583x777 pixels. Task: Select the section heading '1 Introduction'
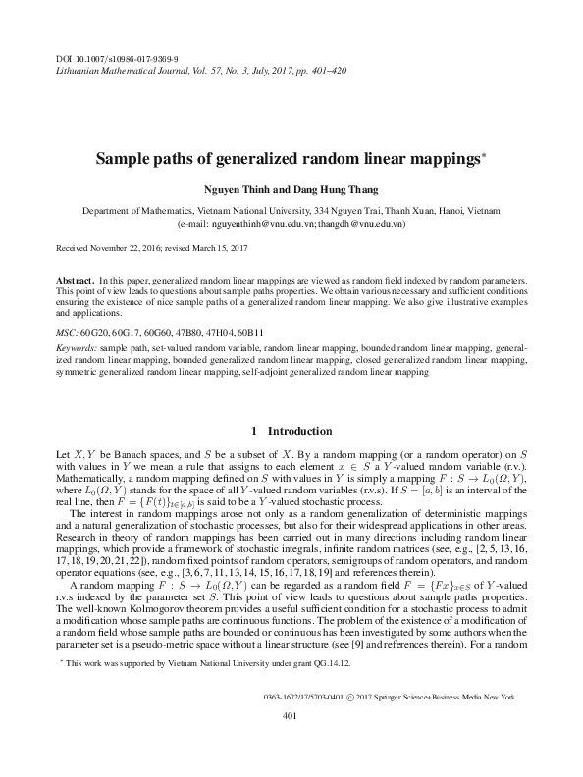point(291,431)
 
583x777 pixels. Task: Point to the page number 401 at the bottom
point(290,744)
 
